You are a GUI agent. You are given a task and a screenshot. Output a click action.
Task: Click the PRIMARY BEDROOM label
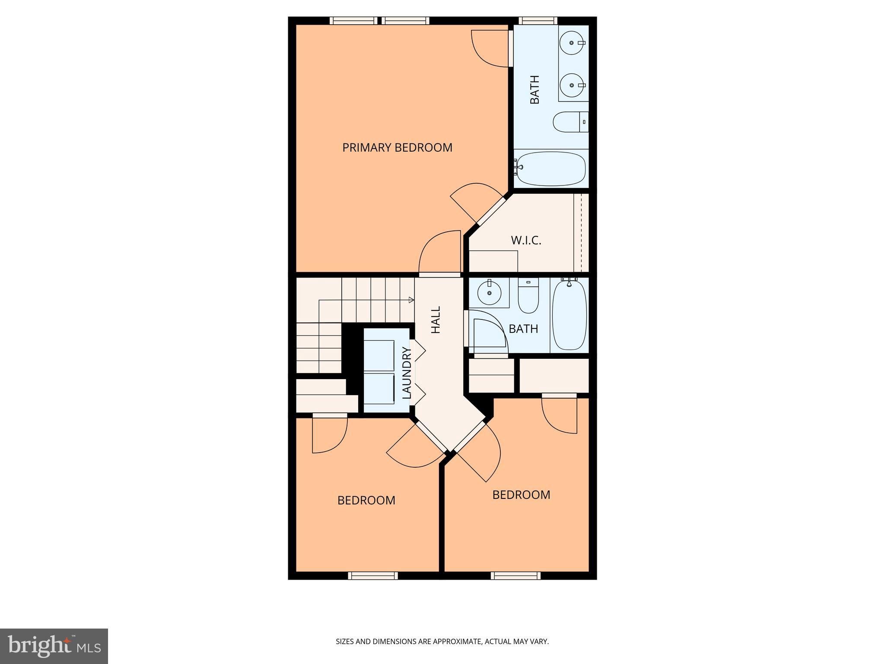click(x=397, y=147)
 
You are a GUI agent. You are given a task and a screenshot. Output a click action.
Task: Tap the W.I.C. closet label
click(x=526, y=240)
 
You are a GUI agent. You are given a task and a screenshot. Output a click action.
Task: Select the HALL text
click(x=436, y=320)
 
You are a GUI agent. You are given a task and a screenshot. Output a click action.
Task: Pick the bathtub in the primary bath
click(x=551, y=169)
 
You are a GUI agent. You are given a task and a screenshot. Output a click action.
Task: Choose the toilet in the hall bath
click(x=528, y=296)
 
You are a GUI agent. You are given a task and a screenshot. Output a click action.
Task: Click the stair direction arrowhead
click(x=411, y=300)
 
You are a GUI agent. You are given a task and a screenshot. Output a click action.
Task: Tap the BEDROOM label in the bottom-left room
click(x=366, y=500)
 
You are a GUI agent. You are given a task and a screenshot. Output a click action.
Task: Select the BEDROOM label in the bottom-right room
click(x=521, y=495)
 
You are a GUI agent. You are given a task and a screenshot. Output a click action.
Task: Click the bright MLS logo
click(x=54, y=646)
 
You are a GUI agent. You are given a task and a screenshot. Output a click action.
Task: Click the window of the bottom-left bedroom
click(x=373, y=575)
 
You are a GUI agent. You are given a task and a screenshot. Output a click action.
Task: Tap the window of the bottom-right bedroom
click(x=516, y=575)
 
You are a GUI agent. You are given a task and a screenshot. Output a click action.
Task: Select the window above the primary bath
click(x=538, y=20)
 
